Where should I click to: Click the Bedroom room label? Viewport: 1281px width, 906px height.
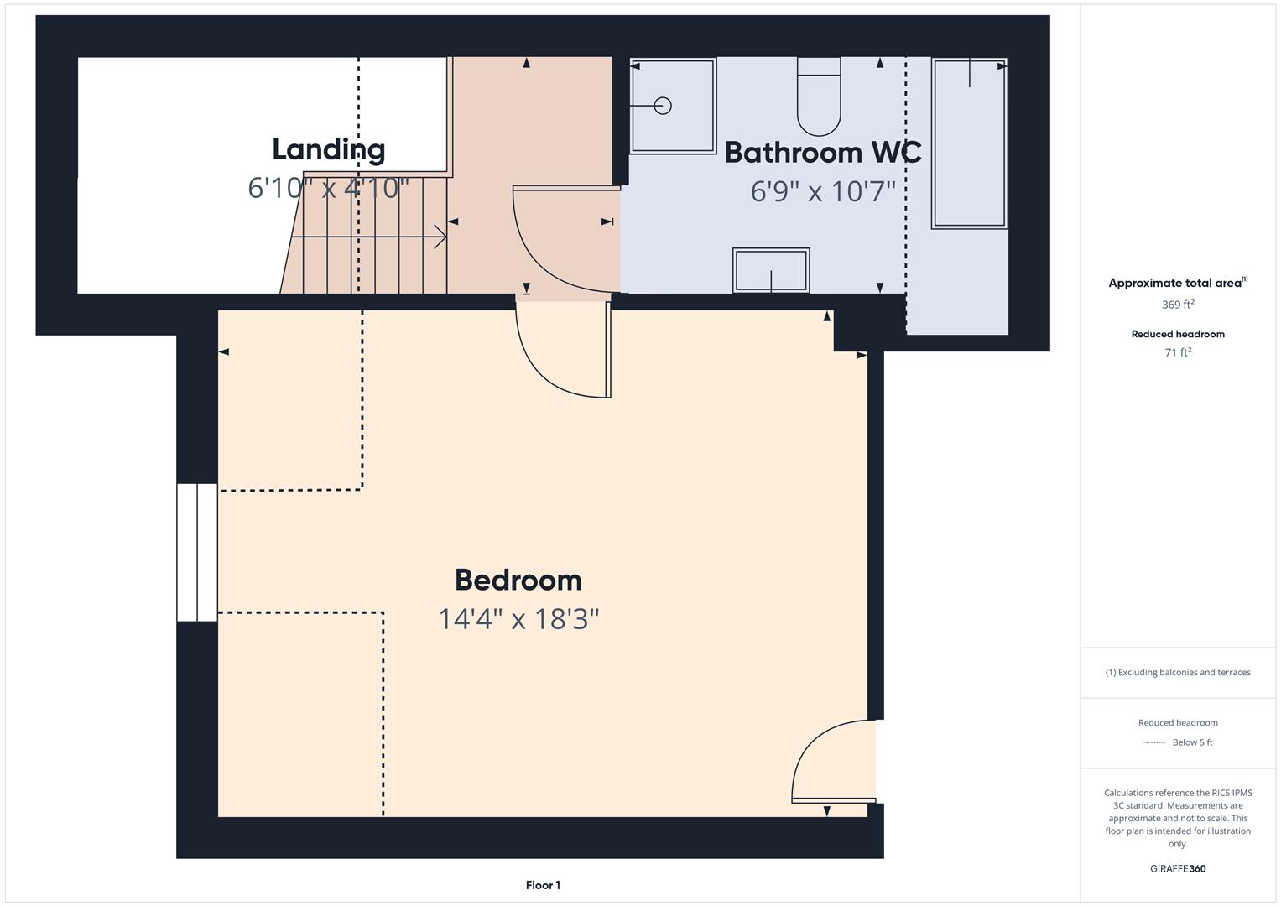(518, 580)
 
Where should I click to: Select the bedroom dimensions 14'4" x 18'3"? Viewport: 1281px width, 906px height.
(518, 619)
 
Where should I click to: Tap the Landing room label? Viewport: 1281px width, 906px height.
(328, 149)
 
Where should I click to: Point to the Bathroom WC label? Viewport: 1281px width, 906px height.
(822, 153)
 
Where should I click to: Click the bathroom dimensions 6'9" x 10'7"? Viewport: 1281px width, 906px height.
(822, 192)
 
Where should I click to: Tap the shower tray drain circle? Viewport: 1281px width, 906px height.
(663, 106)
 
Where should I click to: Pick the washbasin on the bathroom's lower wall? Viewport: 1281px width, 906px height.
(771, 270)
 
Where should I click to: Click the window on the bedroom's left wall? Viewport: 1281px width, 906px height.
(197, 552)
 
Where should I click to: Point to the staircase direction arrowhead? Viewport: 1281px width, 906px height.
(440, 237)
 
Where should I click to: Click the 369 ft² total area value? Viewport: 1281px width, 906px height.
(1177, 305)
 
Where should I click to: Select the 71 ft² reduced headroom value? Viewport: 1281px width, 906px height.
(1177, 352)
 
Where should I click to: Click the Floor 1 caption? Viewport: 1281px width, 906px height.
(543, 885)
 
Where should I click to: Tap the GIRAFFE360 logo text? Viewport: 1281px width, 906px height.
(1177, 868)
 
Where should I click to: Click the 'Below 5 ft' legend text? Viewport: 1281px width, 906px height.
(1192, 742)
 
